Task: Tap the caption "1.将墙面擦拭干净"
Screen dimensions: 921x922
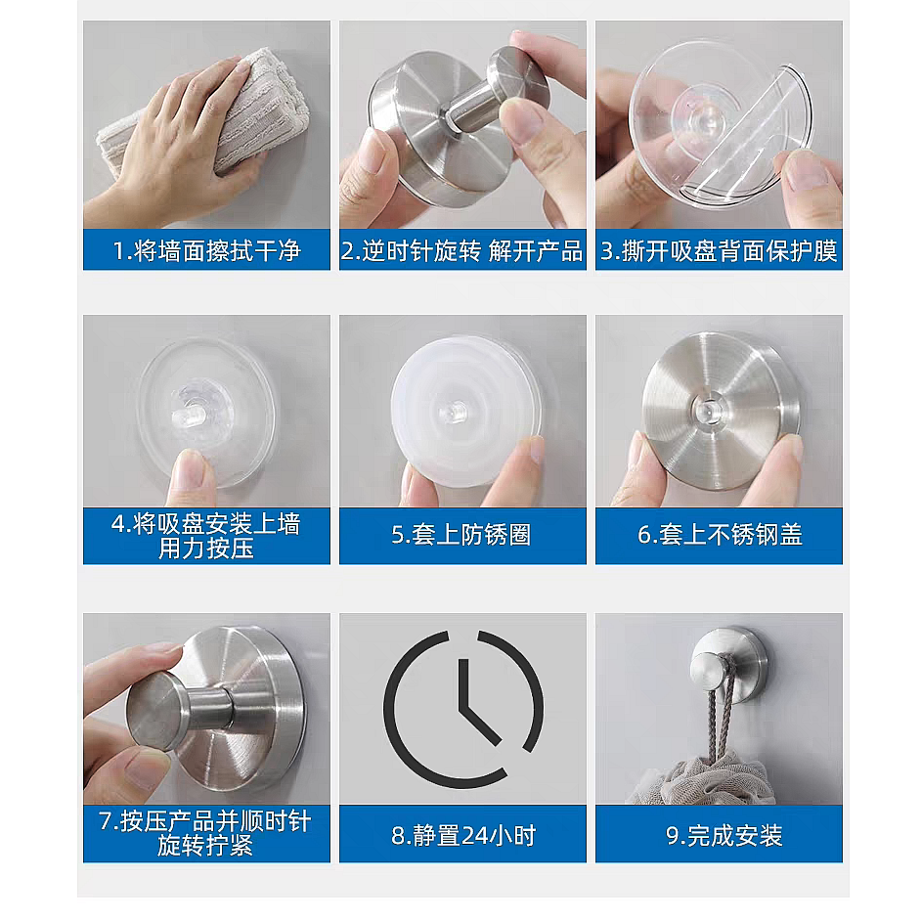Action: coord(206,251)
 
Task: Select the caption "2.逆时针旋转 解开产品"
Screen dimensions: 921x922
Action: coord(462,251)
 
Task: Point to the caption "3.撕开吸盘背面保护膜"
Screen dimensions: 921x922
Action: coord(719,251)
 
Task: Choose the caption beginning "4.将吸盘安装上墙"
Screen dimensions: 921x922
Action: coord(206,536)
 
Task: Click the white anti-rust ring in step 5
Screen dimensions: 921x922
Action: coord(467,411)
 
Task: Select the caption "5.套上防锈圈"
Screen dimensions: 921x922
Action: coord(461,535)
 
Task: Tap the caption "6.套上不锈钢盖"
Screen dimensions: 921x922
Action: coord(720,535)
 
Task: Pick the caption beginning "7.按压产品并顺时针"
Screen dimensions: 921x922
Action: coord(205,833)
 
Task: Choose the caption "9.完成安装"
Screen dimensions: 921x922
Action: coord(724,836)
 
